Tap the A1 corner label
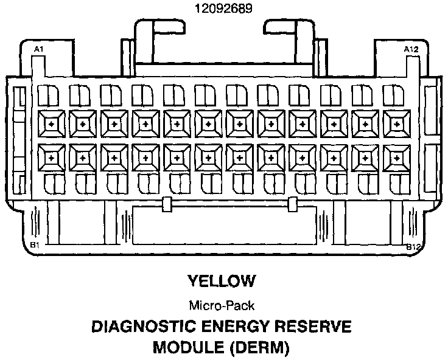coord(38,48)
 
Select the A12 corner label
coord(410,48)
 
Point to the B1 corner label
coord(35,245)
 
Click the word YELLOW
coord(221,281)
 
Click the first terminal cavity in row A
coord(51,123)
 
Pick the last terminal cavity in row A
coord(396,123)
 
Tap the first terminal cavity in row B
coord(51,158)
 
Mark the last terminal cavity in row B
coord(396,158)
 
